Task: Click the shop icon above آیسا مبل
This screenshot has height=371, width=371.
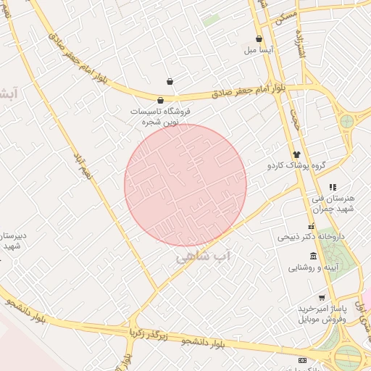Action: click(x=259, y=39)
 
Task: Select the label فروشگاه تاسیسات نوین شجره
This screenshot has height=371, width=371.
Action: click(x=160, y=117)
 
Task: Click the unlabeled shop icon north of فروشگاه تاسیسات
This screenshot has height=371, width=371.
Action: click(x=170, y=81)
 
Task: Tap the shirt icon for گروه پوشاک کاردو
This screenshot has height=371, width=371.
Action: click(x=296, y=154)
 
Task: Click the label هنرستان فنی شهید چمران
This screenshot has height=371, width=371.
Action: click(x=332, y=204)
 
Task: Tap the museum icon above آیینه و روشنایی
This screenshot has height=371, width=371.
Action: click(x=313, y=256)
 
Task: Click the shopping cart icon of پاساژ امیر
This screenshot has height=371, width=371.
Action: click(x=322, y=298)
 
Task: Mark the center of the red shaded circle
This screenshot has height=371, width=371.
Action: click(x=185, y=185)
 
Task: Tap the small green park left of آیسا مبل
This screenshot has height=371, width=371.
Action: click(x=211, y=20)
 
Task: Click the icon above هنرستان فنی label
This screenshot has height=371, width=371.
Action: click(x=333, y=187)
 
